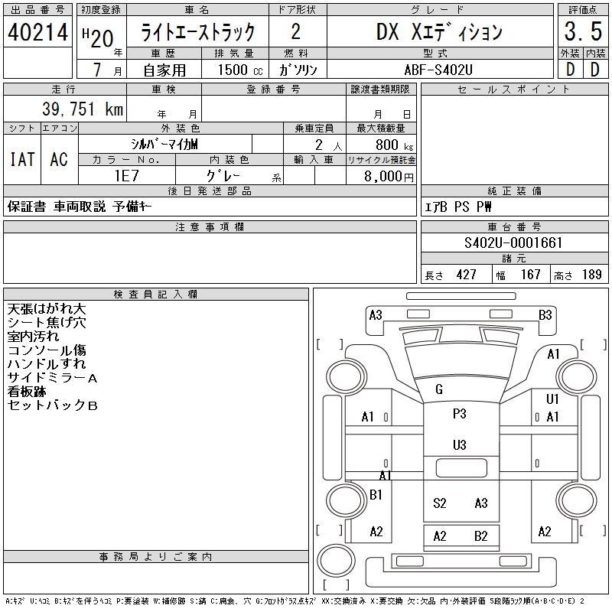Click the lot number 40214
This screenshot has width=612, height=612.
point(37,32)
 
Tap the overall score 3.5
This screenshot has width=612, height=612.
point(581,32)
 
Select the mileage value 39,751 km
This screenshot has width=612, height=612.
point(76,109)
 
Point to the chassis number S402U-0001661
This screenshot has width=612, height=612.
point(513,243)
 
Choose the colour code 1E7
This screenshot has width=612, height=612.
point(125,175)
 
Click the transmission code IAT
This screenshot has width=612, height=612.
point(21,159)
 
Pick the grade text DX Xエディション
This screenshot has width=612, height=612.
point(439,32)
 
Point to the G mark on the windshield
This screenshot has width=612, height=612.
point(438,389)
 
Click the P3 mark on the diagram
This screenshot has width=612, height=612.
point(459,414)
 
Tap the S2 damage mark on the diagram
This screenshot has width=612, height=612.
point(439,503)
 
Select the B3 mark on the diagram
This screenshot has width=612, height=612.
point(545,314)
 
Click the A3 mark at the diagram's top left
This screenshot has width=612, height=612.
point(375,314)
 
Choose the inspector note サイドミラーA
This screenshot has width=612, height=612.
point(52,378)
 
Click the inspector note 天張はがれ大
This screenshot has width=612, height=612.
point(47,309)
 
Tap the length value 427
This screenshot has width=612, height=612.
point(467,275)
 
